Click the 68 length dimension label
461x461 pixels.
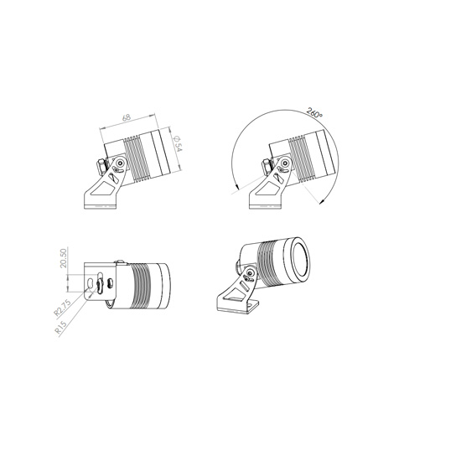[126, 117]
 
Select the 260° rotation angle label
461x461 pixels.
[314, 113]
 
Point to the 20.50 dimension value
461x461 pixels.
[64, 258]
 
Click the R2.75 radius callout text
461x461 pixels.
[62, 308]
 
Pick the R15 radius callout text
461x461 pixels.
[61, 327]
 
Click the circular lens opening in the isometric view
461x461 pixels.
[300, 259]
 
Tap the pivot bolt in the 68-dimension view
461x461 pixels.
[120, 163]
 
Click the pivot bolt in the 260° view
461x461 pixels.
[284, 163]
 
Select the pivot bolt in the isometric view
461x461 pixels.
[250, 273]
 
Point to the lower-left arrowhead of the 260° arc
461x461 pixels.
[236, 185]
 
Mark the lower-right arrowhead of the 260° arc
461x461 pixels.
[322, 201]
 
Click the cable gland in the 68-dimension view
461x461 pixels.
[101, 167]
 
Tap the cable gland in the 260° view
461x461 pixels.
[267, 167]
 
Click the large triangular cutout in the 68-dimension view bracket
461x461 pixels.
[103, 188]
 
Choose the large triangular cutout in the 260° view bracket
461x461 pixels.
[267, 188]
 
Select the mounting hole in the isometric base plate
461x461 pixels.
[251, 305]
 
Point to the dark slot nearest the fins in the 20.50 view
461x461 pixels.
[111, 283]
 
